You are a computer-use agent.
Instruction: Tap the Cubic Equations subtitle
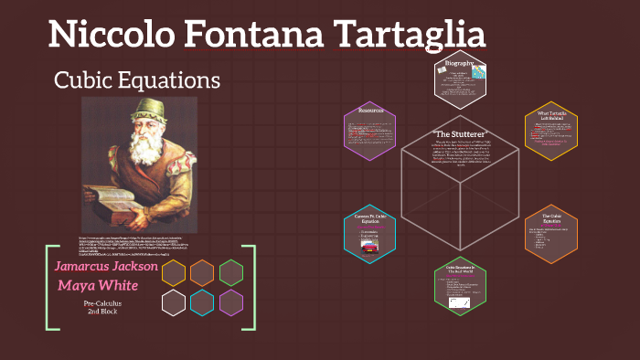(137, 79)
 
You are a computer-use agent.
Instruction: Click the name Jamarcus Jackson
(106, 266)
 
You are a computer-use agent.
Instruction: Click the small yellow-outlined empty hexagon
(175, 272)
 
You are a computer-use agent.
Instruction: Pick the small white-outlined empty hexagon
(175, 302)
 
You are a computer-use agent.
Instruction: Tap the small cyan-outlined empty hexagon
(203, 302)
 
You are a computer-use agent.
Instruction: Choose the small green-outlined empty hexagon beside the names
(231, 272)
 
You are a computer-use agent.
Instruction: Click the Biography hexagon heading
(460, 64)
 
